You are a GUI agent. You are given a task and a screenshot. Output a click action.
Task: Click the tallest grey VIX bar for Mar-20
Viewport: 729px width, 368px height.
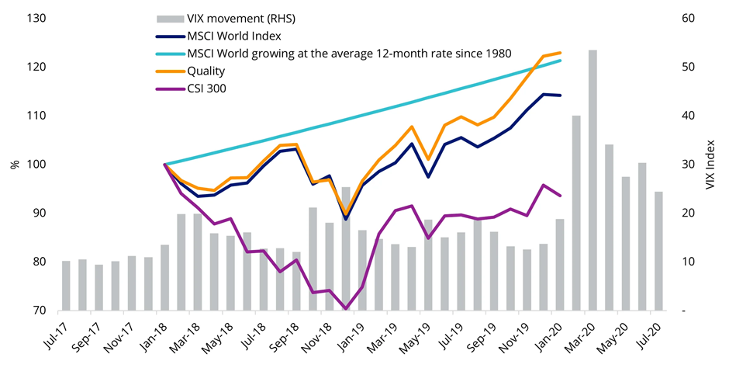(x=593, y=180)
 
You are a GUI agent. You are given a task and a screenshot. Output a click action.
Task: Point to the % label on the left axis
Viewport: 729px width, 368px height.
(x=13, y=165)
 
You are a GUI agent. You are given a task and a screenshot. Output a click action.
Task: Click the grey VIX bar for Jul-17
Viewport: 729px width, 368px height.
(x=66, y=286)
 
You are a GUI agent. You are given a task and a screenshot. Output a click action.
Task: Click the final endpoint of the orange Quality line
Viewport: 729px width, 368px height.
(x=561, y=53)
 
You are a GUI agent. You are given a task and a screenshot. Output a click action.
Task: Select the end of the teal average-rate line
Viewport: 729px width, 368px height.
(x=561, y=61)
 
